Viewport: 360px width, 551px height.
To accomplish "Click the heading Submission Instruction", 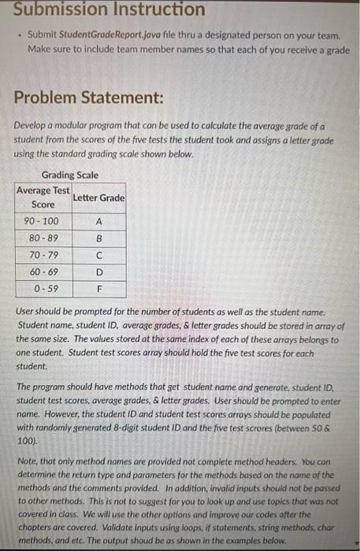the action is pos(109,9).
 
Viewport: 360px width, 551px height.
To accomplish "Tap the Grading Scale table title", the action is pos(69,175).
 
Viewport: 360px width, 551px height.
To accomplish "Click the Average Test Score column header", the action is pos(43,197).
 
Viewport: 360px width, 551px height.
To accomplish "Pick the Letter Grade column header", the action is pos(98,198).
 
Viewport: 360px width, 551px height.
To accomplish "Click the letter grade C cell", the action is pos(98,254).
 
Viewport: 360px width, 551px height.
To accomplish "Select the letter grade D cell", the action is pos(98,272).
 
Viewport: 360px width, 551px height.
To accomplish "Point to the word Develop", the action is pos(30,127).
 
